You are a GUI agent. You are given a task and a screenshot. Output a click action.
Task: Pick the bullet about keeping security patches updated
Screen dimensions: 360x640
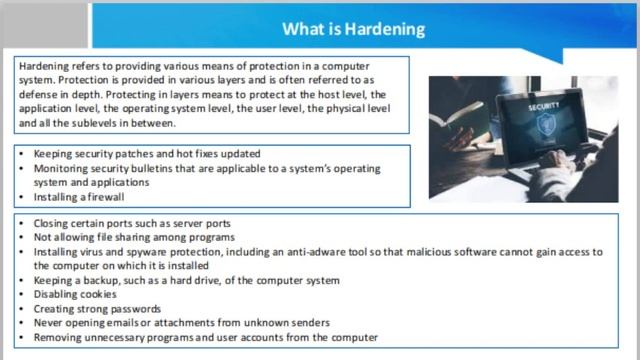pyautogui.click(x=147, y=154)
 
